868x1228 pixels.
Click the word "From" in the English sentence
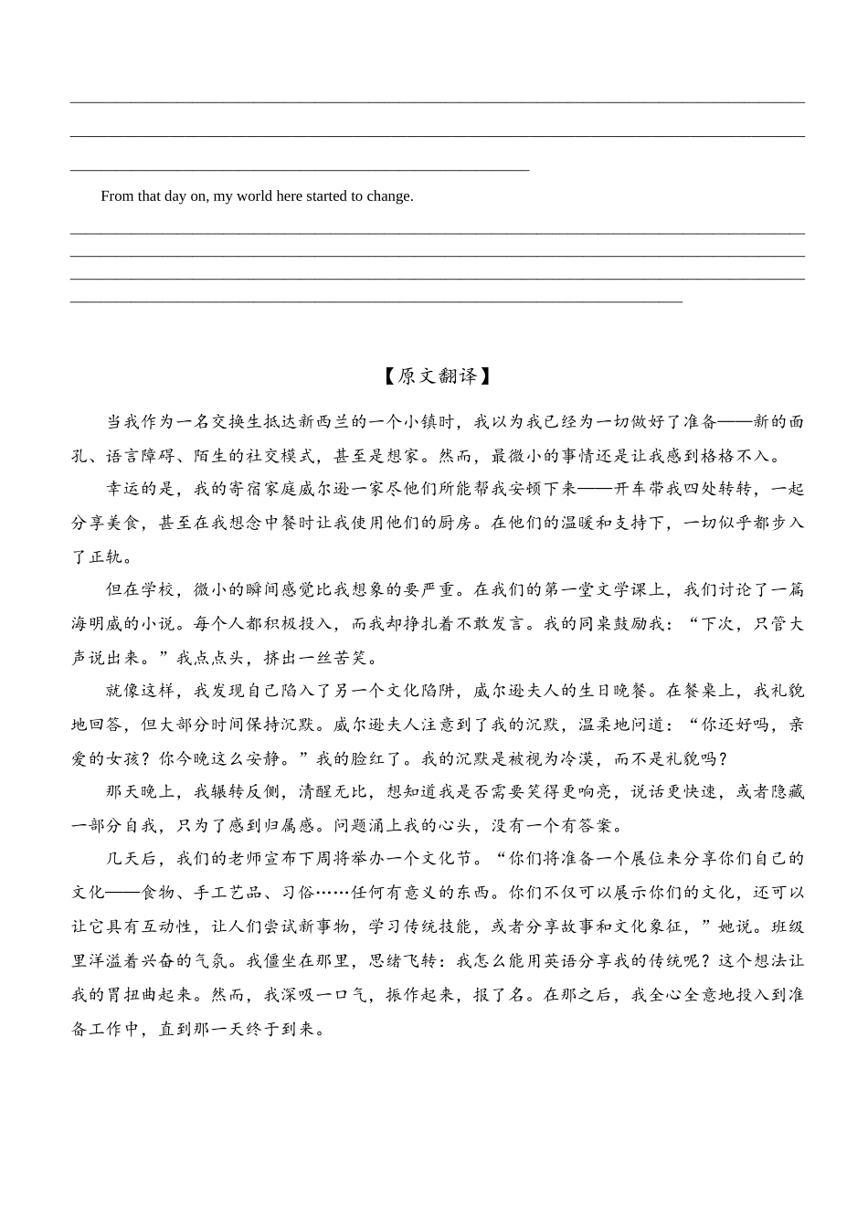tap(118, 196)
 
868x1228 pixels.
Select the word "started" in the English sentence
tap(330, 196)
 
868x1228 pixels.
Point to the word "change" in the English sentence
tap(390, 196)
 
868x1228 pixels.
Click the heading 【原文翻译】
tap(434, 376)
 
